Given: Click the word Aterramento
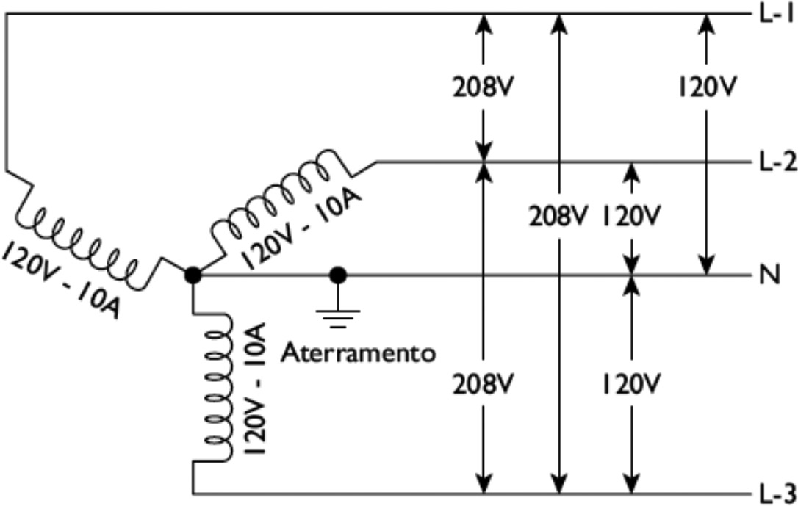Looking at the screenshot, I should tap(359, 353).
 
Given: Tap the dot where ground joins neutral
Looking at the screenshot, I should tap(338, 275).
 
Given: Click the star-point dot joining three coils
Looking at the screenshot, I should tap(193, 275).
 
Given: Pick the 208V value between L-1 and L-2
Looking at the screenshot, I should tap(482, 87).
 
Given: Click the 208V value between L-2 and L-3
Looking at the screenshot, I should tap(482, 383).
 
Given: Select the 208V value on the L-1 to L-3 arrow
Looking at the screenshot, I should tap(559, 217).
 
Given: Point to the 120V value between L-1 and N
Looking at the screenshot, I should tap(705, 87).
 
